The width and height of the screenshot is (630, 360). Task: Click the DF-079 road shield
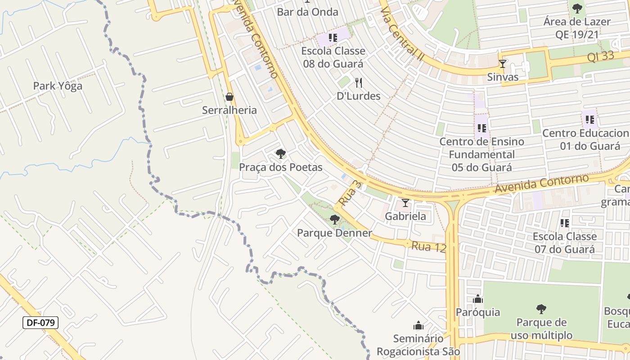point(40,322)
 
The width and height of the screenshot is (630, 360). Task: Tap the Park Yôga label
point(58,86)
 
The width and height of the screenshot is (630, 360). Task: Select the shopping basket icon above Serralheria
point(229,97)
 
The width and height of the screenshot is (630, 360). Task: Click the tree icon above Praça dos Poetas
point(281,154)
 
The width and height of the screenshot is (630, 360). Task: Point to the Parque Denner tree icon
point(334,220)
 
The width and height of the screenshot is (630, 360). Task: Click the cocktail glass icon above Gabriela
point(405,203)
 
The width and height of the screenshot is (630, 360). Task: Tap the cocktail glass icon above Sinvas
point(503,64)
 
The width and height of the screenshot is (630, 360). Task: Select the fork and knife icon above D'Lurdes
point(359,83)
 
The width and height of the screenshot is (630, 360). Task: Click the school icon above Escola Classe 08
point(333,38)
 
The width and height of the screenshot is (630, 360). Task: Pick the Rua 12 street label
point(428,247)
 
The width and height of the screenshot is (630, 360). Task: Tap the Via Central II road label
point(403,31)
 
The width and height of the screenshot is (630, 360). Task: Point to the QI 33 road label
point(601,56)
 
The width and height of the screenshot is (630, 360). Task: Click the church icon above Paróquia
point(478,299)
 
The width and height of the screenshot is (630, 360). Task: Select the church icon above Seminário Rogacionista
point(418,325)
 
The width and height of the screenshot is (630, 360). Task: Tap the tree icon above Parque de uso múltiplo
point(541,309)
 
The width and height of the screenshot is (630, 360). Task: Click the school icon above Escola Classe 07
point(565,223)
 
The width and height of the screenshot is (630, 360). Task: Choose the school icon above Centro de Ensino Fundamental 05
point(482,128)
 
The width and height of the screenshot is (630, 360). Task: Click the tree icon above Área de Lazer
point(577,8)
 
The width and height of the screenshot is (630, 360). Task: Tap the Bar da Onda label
point(307,12)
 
